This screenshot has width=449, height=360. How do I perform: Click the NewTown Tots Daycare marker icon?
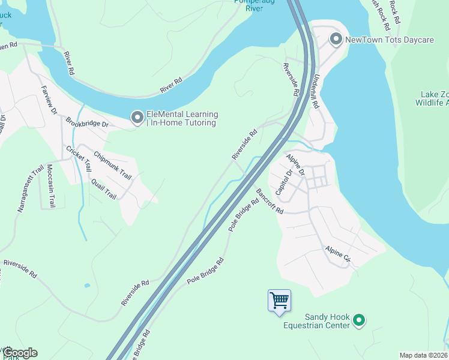[336, 40]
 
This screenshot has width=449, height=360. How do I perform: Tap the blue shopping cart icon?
[279, 299]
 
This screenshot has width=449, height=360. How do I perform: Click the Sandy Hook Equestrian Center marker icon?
[359, 321]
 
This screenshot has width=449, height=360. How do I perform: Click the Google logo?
[20, 353]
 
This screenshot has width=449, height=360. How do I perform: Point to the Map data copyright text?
[423, 355]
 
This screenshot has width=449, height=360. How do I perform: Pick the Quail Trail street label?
[103, 188]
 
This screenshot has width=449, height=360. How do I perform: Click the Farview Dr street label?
[51, 102]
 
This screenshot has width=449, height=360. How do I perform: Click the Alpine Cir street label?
[337, 255]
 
